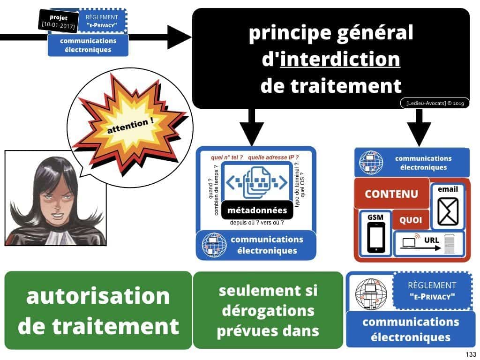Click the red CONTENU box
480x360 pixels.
point(391,194)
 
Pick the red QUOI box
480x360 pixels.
point(411,220)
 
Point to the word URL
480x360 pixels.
point(431,240)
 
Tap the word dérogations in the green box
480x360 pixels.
point(268,310)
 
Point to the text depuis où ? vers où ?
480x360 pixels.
point(256,223)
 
